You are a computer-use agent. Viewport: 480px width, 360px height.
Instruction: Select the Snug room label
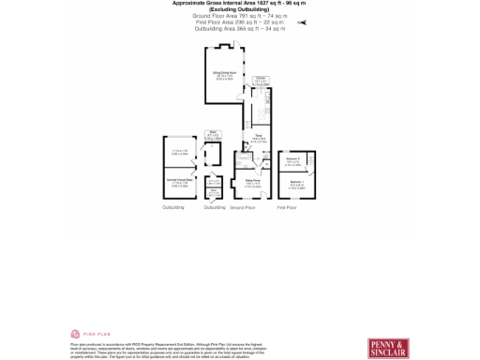[x=257, y=141]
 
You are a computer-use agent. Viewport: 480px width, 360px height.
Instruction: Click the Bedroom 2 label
[x=292, y=162]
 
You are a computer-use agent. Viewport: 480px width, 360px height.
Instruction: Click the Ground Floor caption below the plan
[x=243, y=207]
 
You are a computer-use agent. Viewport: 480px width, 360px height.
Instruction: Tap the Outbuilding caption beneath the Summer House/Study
[x=173, y=207]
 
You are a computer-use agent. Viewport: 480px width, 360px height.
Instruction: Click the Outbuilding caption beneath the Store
[x=215, y=207]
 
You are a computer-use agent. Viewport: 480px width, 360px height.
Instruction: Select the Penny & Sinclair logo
[x=388, y=348]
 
